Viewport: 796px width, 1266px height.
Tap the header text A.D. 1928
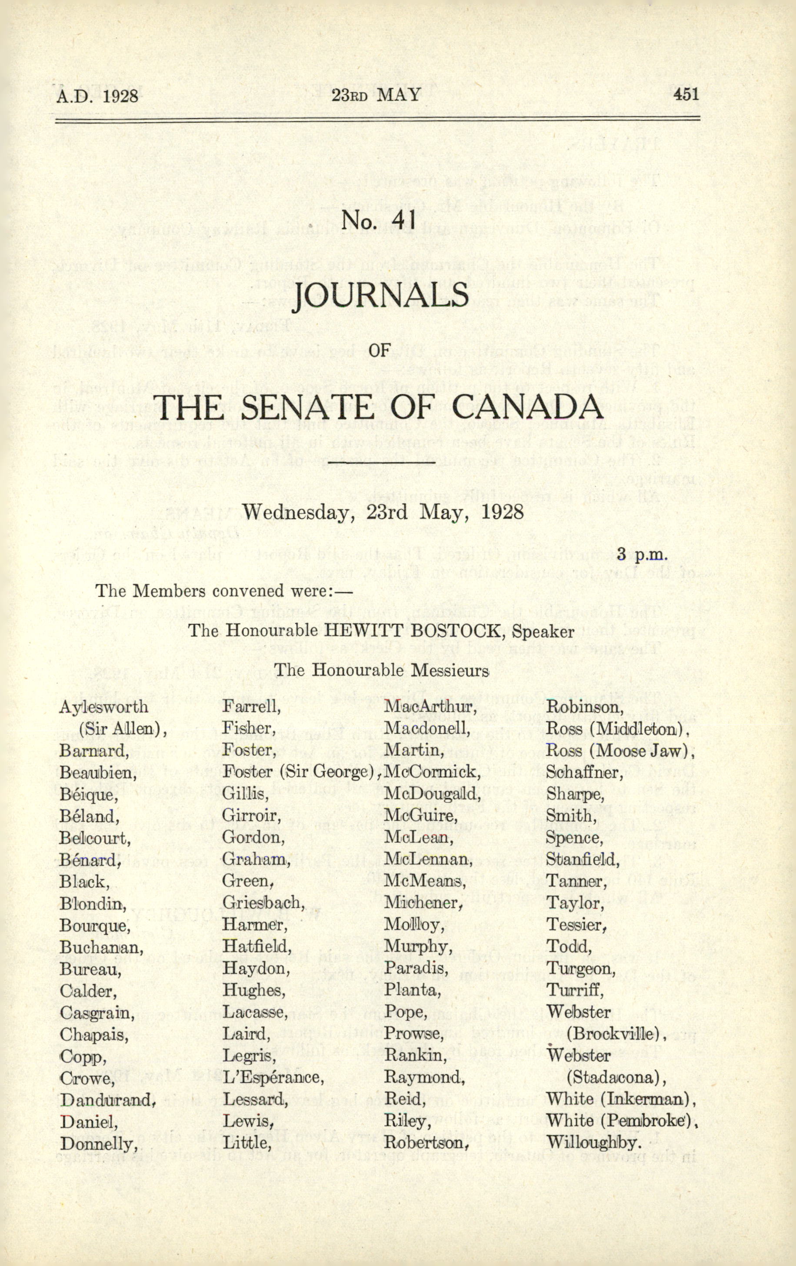click(x=97, y=96)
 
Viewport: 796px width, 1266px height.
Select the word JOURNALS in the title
click(x=382, y=296)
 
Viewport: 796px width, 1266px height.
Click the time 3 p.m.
click(x=643, y=553)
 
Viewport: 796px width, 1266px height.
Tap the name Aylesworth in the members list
click(x=103, y=706)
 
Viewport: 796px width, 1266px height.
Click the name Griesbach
click(x=263, y=902)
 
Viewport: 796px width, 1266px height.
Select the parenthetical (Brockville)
click(x=615, y=1033)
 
